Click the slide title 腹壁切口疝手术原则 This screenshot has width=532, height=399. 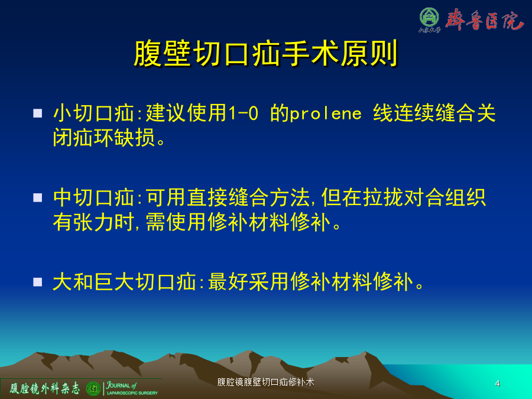coord(265,54)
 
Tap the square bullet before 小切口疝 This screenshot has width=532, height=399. coord(38,113)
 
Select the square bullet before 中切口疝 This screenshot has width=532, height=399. coord(38,197)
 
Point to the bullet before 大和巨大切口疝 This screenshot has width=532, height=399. coord(38,282)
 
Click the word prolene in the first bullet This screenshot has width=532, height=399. coord(326,113)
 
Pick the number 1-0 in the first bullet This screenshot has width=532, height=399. coord(244,113)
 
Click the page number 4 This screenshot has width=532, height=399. coord(497,384)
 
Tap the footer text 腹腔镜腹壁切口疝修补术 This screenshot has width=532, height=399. coord(265,382)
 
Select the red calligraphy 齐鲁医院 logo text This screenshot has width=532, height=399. coord(484,20)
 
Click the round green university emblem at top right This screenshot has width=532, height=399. coord(429,17)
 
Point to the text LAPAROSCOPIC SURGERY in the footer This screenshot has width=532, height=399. coord(132,393)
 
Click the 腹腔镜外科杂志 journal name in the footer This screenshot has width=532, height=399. coord(44,388)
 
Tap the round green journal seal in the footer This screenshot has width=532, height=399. coord(93,389)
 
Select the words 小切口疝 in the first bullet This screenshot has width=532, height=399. coord(93,113)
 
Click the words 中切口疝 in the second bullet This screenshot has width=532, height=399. coord(93,197)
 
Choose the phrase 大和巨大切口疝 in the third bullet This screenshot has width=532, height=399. coord(125,282)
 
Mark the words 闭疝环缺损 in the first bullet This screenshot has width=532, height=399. coord(104,137)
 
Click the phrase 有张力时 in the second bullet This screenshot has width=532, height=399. coord(93,222)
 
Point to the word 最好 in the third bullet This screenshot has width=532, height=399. coord(228,282)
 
